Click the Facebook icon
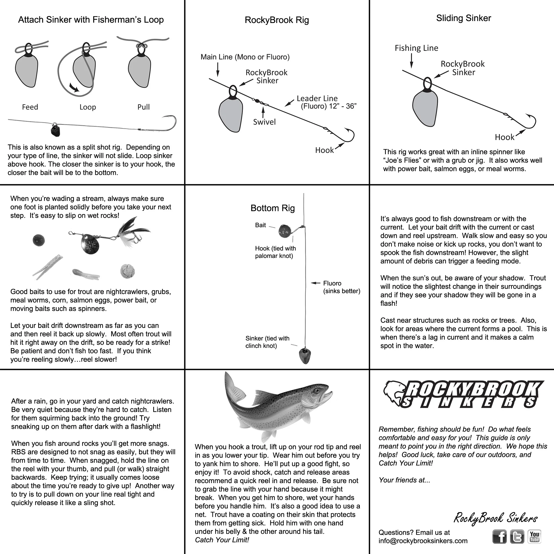[x=499, y=537]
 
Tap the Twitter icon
[x=517, y=537]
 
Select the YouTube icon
[x=534, y=537]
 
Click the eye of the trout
[x=317, y=391]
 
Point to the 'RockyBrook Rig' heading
[x=277, y=20]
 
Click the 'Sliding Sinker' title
[x=463, y=18]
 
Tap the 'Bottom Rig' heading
[x=272, y=208]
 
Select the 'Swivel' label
[x=264, y=122]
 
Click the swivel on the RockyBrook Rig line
[x=257, y=101]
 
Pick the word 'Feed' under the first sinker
[x=30, y=107]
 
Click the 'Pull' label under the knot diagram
[x=143, y=107]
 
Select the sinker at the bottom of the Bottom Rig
[x=304, y=356]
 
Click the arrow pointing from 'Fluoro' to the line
[x=316, y=283]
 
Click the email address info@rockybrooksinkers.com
[x=423, y=541]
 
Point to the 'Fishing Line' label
[x=416, y=48]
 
